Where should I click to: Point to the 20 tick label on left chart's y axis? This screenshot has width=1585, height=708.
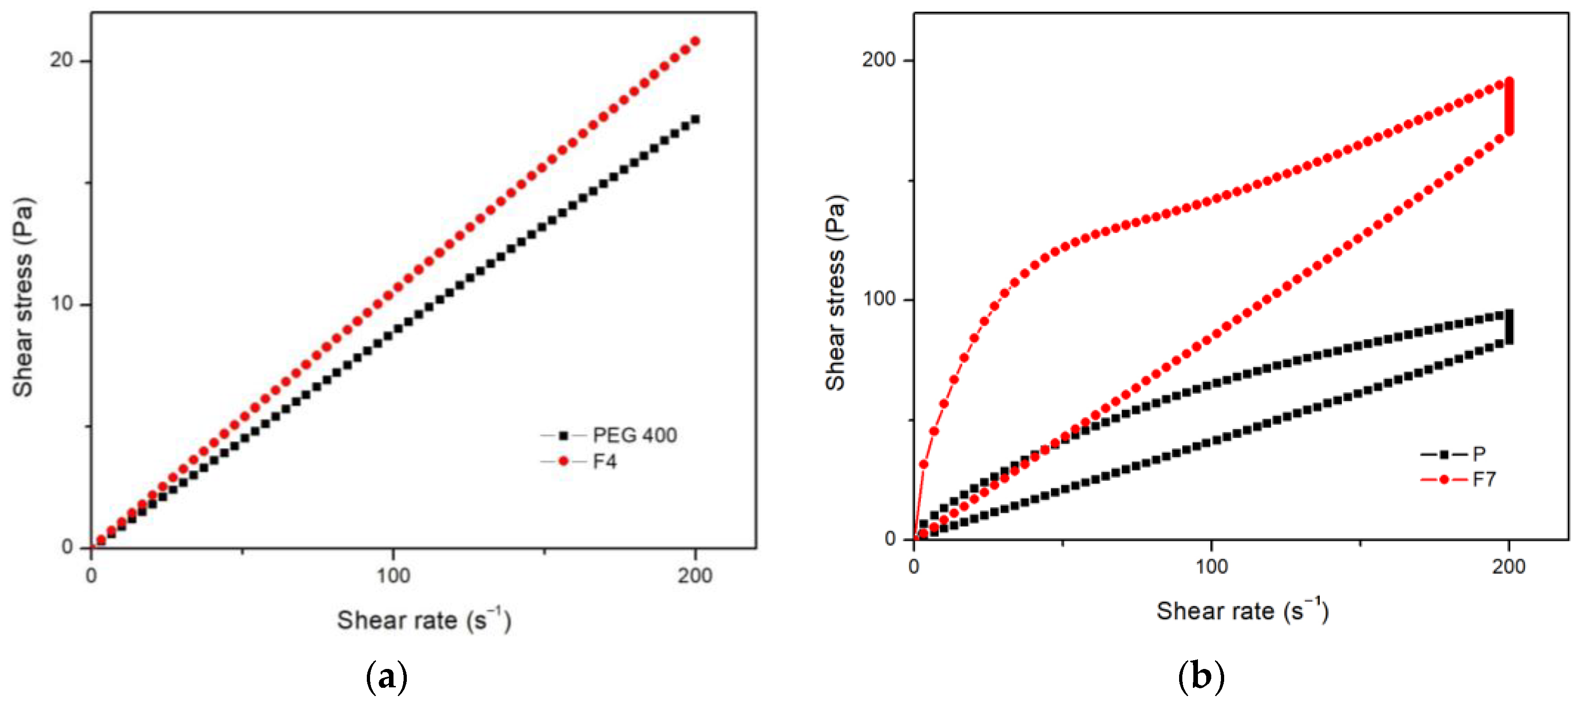pyautogui.click(x=62, y=60)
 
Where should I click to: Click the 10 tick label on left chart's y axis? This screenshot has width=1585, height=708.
pyautogui.click(x=62, y=303)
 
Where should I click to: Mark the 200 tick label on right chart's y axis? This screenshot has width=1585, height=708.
pyautogui.click(x=878, y=60)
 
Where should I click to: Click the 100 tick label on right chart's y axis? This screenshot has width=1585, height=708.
pyautogui.click(x=878, y=299)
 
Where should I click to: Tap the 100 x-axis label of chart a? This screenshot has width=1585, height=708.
pyautogui.click(x=393, y=576)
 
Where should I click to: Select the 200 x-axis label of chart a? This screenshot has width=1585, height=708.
pyautogui.click(x=695, y=576)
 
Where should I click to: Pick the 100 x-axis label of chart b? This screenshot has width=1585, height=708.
pyautogui.click(x=1211, y=566)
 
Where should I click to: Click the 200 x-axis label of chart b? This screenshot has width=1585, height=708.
pyautogui.click(x=1508, y=566)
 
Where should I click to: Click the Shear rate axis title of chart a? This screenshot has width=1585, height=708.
pyautogui.click(x=423, y=620)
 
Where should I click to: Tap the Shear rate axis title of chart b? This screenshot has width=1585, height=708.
pyautogui.click(x=1242, y=611)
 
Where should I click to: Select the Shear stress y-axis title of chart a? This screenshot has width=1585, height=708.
pyautogui.click(x=23, y=297)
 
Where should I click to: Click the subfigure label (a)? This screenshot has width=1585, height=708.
pyautogui.click(x=387, y=677)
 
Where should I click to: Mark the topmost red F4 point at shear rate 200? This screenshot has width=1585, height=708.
pyautogui.click(x=696, y=41)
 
